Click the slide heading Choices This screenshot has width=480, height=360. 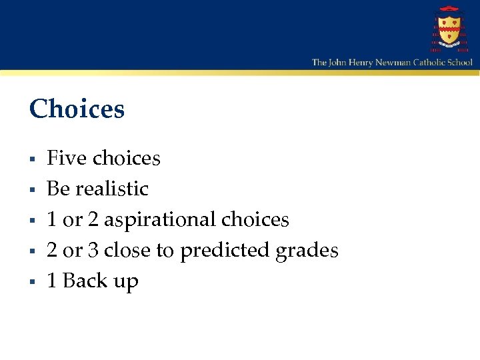coord(77,109)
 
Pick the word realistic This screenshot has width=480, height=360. coord(112,189)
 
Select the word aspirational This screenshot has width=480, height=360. coord(160,219)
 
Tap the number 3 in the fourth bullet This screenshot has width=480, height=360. coord(93,250)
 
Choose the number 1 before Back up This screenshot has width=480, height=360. coord(52,281)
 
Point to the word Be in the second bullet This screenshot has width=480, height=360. coord(59,189)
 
